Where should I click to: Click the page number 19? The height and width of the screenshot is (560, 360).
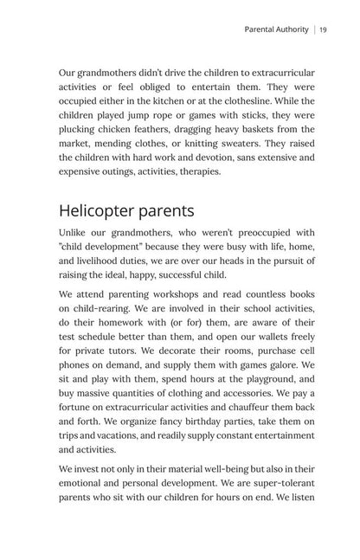coord(322,29)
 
